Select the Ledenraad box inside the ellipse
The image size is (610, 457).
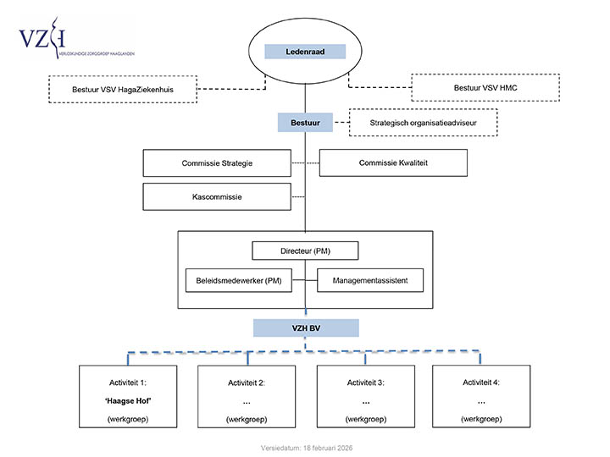(x=304, y=52)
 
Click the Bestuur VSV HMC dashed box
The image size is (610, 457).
(x=485, y=87)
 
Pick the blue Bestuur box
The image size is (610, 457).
(x=304, y=123)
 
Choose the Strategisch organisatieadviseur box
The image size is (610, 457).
(x=423, y=123)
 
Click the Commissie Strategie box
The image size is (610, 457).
(x=217, y=162)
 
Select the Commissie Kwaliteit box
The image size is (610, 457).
(x=392, y=162)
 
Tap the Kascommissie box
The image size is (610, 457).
(x=217, y=197)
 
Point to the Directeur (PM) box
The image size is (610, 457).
(x=304, y=251)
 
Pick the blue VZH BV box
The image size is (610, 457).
(x=304, y=327)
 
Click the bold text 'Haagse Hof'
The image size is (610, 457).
(x=127, y=400)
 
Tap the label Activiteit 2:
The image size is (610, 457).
(x=247, y=383)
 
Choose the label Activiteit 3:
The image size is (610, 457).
(x=365, y=383)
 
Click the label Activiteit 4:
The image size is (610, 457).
(x=480, y=383)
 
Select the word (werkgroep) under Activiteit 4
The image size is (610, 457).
(x=480, y=419)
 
